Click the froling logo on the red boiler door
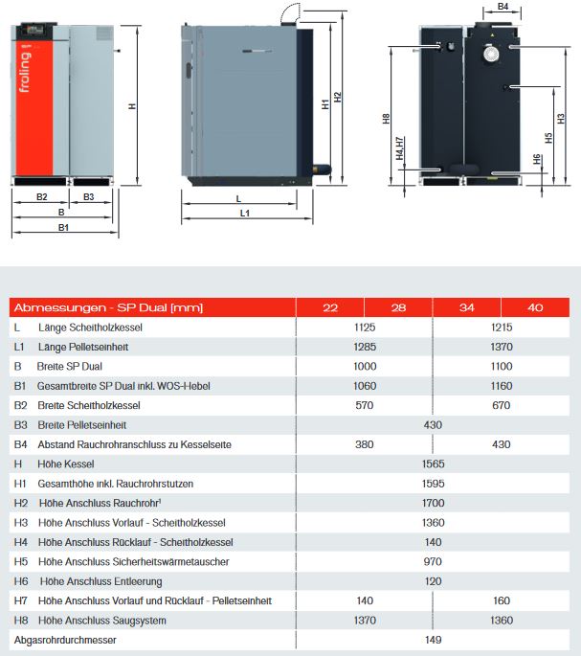25,73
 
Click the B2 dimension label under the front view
41,196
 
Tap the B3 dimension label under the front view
89,196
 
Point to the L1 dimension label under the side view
246,213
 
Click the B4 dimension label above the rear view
503,8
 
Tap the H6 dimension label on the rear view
537,159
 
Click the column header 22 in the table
330,307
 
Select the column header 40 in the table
535,307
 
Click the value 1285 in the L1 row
365,346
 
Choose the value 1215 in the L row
501,328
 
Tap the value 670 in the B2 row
501,405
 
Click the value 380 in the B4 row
365,444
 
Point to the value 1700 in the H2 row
433,503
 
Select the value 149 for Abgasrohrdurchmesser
433,640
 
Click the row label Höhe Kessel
66,464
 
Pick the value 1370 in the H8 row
365,621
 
